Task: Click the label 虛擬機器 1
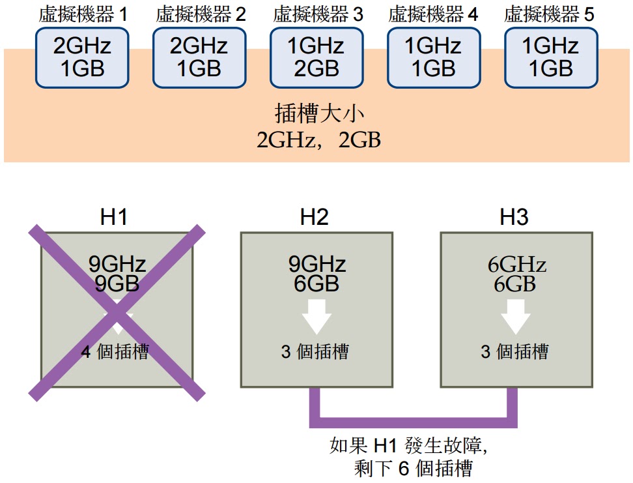(x=82, y=14)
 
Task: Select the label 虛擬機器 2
(x=200, y=14)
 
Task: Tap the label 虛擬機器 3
(x=317, y=14)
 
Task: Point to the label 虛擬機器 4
(x=434, y=14)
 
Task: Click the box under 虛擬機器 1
(x=82, y=57)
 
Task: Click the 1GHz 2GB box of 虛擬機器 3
(x=317, y=57)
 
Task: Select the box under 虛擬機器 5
(x=551, y=57)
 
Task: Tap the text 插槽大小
(x=318, y=115)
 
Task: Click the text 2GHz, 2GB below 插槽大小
(x=318, y=139)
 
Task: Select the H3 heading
(x=514, y=218)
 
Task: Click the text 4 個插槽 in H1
(x=115, y=352)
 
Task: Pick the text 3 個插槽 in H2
(x=315, y=352)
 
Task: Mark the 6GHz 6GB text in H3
(x=516, y=274)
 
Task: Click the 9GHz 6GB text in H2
(x=316, y=274)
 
